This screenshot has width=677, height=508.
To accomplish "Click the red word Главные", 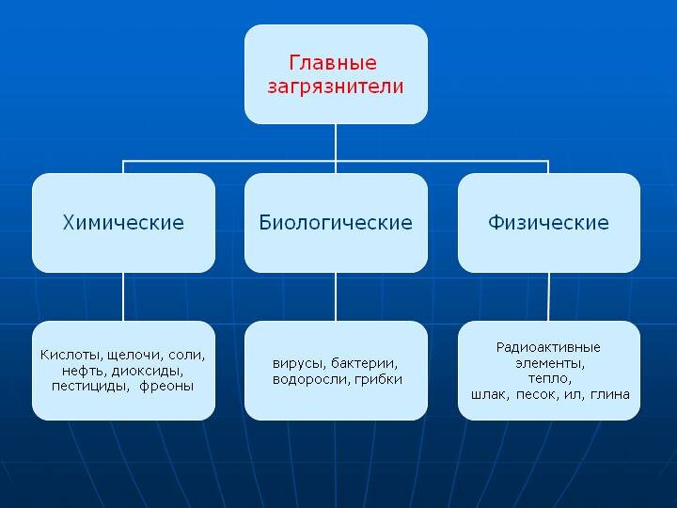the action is (333, 63).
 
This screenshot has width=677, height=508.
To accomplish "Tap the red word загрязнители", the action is (336, 87).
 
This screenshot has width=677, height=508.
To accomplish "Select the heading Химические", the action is (123, 222).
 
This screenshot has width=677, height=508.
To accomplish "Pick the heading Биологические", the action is (336, 222).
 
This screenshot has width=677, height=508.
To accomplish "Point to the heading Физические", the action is (548, 222).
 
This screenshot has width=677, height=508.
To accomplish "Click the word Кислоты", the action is (71, 355).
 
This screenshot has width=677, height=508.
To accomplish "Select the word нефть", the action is (85, 371).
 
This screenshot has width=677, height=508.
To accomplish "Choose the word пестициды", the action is (90, 387).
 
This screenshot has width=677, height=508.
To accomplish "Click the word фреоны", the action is (166, 386).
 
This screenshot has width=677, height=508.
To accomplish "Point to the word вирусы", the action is (299, 364).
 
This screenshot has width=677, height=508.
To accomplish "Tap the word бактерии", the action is (364, 363).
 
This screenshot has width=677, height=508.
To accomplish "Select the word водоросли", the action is (311, 379).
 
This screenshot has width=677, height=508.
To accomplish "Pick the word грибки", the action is (378, 379).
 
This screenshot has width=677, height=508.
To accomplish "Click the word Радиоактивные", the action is (548, 347).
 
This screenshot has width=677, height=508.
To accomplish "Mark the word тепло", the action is (550, 378).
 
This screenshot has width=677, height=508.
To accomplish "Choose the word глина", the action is (610, 394).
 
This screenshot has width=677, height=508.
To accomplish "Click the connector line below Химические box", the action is (123, 296).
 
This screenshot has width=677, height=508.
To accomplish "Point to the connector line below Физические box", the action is (548, 296).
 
